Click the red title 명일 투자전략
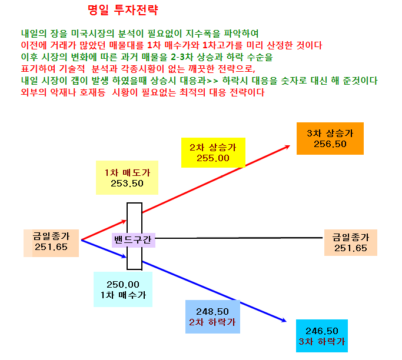(123, 10)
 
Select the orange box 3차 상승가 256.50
(330, 138)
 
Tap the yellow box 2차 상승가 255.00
(213, 153)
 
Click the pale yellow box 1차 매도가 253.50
(127, 178)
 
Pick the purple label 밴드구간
(134, 240)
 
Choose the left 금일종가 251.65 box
(51, 243)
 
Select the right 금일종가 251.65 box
(350, 242)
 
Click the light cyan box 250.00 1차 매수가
(123, 289)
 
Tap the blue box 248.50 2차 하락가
(212, 316)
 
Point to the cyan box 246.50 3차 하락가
(322, 336)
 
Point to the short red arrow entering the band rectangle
(104, 230)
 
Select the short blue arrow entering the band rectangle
(104, 249)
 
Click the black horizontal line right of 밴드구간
(239, 238)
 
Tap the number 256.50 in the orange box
(330, 144)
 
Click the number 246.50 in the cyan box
(322, 331)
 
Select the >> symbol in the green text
(212, 81)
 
